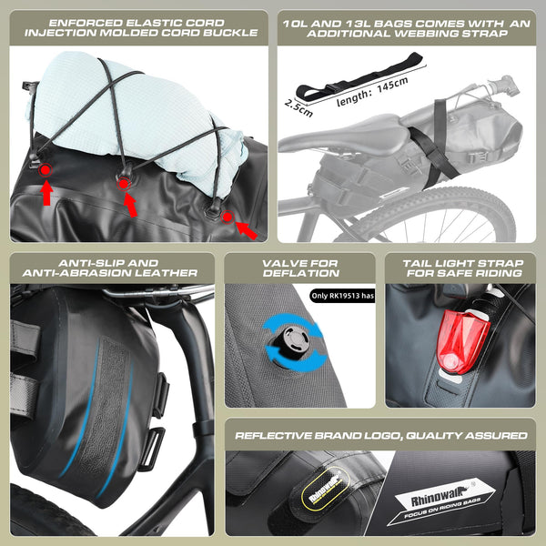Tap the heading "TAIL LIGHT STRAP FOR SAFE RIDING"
pyautogui.click(x=462, y=267)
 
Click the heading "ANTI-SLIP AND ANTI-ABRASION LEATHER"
pyautogui.click(x=115, y=267)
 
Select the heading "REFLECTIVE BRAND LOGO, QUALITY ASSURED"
pyautogui.click(x=380, y=434)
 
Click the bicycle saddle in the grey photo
pyautogui.click(x=358, y=136)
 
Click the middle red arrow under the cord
pyautogui.click(x=130, y=205)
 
